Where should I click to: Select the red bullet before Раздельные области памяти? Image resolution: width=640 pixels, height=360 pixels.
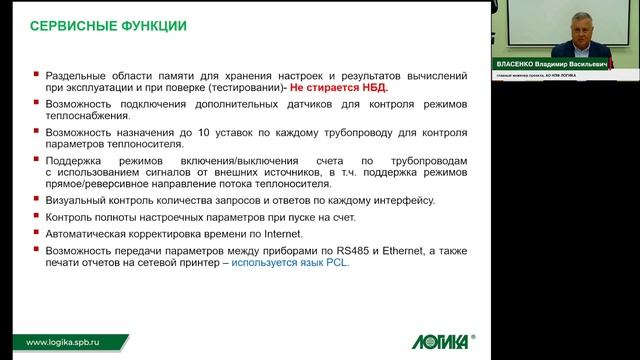point(37,74)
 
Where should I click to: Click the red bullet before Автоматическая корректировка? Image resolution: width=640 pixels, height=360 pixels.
point(37,233)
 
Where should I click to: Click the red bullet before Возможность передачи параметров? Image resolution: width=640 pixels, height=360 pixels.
point(37,248)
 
